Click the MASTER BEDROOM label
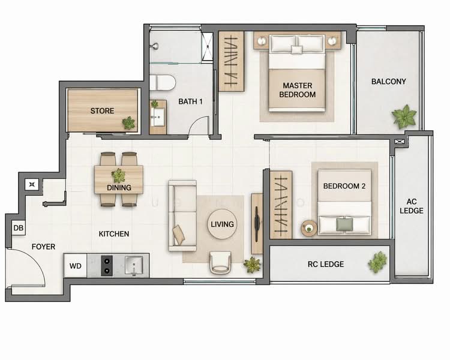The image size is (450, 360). pos(297,90)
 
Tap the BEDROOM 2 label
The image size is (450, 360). pos(344,186)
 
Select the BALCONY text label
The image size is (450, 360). pos(388,82)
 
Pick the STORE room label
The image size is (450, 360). pos(102,110)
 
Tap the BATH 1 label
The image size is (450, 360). pos(190,101)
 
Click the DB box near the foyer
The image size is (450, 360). pos(18,228)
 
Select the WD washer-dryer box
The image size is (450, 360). pos(75,265)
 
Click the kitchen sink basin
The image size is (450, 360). pos(134,265)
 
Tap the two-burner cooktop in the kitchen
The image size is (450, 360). pos(106,265)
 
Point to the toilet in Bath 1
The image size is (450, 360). pos(161,82)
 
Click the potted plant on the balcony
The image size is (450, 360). pos(404,116)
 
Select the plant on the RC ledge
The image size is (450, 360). pos(377,262)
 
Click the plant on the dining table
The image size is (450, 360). pos(119,175)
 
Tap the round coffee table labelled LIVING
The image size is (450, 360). pos(222,224)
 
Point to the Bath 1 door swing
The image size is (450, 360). pos(198,126)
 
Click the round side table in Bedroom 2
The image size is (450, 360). pos(309,227)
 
